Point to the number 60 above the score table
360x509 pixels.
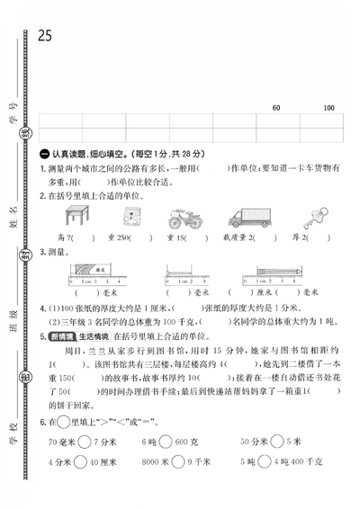click(x=275, y=109)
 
